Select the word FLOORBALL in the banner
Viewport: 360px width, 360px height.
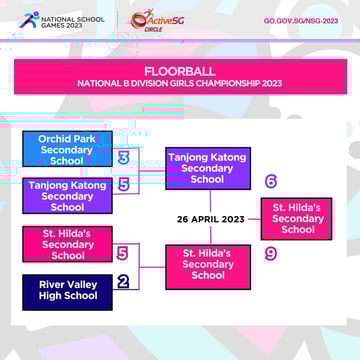(x=179, y=72)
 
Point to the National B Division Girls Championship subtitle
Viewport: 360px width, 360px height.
(x=180, y=84)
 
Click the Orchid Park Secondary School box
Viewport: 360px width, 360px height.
(x=67, y=149)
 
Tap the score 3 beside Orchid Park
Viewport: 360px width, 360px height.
(x=123, y=158)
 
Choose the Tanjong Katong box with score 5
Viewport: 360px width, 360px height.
(x=67, y=196)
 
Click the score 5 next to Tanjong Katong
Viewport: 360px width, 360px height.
(x=123, y=185)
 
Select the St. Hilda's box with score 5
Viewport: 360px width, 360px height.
(x=67, y=243)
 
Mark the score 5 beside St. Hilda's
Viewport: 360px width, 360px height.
(x=123, y=253)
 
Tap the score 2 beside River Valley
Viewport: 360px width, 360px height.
(x=123, y=281)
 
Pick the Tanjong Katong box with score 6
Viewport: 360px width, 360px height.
(x=207, y=168)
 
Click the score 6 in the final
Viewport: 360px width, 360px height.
(x=271, y=182)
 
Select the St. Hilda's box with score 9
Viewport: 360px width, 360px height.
(x=207, y=264)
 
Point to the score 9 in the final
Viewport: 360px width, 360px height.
(x=271, y=254)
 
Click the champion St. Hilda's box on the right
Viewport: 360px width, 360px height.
(x=297, y=218)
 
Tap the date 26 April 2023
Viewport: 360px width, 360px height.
(x=210, y=219)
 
